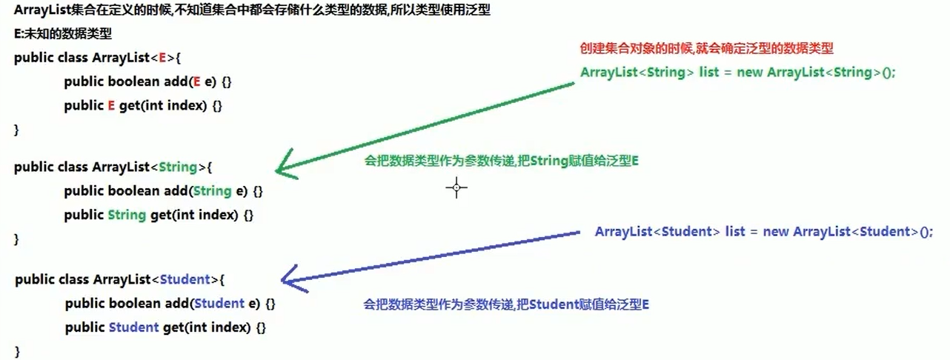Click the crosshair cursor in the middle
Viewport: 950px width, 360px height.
456,188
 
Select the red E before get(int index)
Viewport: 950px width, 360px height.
111,105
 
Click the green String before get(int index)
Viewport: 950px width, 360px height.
126,215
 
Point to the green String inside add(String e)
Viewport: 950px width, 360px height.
212,191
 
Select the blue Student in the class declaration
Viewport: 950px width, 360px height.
186,279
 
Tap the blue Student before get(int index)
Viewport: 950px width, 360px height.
133,327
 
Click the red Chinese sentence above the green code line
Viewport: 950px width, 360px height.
706,49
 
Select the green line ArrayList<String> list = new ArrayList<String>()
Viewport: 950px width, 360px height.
738,73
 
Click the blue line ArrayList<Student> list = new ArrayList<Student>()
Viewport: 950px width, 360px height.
763,232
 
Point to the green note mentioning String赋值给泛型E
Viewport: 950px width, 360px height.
502,161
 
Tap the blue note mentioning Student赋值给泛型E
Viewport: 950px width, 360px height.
506,304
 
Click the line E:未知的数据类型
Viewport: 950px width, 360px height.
63,34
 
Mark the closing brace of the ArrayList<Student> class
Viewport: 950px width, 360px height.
18,350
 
